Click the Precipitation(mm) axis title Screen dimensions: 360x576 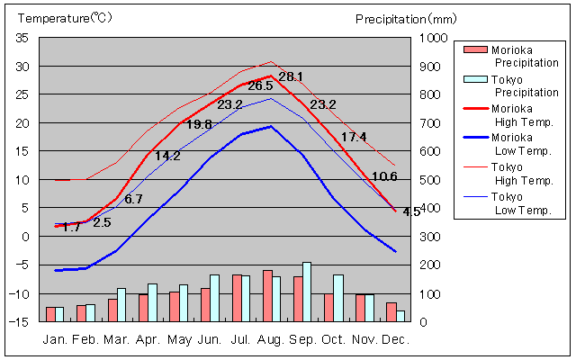[407, 18]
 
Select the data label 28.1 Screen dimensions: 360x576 [291, 77]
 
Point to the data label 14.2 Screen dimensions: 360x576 [167, 156]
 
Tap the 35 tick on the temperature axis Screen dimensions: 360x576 [22, 38]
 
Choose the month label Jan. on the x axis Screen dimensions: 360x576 [56, 340]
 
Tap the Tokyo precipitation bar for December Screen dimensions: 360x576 [400, 316]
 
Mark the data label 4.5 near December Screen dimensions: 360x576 [411, 212]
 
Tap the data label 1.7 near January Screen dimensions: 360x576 [71, 228]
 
